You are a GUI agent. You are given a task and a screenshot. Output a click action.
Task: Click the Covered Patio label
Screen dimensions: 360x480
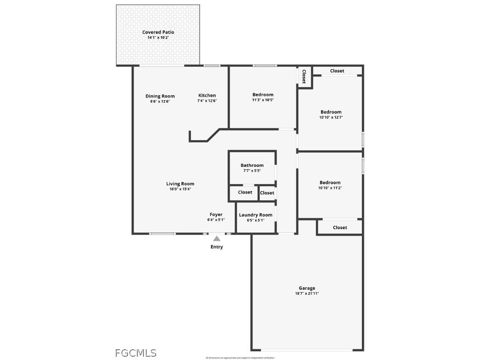click(x=158, y=32)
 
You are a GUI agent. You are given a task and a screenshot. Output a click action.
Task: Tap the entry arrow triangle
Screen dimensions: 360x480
click(x=217, y=239)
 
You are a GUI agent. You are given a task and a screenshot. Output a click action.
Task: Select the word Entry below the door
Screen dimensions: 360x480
click(x=217, y=247)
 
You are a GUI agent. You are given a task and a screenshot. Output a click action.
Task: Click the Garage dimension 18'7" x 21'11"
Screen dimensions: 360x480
click(x=307, y=293)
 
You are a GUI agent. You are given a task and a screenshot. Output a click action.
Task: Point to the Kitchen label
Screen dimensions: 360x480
click(x=207, y=95)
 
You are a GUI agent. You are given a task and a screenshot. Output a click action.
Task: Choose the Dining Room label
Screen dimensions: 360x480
click(x=160, y=96)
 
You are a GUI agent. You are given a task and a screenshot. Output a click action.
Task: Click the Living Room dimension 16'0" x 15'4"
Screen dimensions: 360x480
click(x=180, y=189)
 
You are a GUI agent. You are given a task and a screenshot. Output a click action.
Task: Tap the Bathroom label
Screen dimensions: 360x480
click(x=252, y=165)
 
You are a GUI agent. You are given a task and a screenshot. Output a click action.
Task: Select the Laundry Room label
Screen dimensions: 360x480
click(x=255, y=215)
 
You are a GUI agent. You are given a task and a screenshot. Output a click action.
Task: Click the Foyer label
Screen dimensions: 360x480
click(x=216, y=214)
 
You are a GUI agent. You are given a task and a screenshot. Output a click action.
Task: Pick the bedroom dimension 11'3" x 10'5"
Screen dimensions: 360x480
click(x=262, y=100)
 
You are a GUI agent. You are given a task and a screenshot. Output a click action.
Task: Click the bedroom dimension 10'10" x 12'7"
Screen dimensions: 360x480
click(x=330, y=117)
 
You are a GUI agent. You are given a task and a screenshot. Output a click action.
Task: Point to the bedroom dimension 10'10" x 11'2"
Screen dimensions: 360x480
click(x=330, y=187)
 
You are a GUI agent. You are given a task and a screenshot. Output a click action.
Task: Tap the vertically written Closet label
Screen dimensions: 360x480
click(x=304, y=76)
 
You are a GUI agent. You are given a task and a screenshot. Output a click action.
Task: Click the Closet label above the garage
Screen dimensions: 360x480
click(x=340, y=227)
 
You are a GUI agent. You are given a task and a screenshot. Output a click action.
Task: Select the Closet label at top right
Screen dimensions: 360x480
click(x=337, y=71)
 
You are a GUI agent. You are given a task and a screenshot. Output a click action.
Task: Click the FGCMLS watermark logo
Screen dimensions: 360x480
click(x=136, y=353)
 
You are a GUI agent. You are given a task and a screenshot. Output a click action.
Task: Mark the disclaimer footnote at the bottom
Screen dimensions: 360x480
click(x=240, y=358)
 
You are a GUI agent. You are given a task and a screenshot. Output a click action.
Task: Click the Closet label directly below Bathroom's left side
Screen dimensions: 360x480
click(x=245, y=192)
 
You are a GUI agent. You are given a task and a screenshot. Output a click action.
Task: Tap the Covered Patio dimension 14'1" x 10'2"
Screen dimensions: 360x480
click(x=158, y=37)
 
